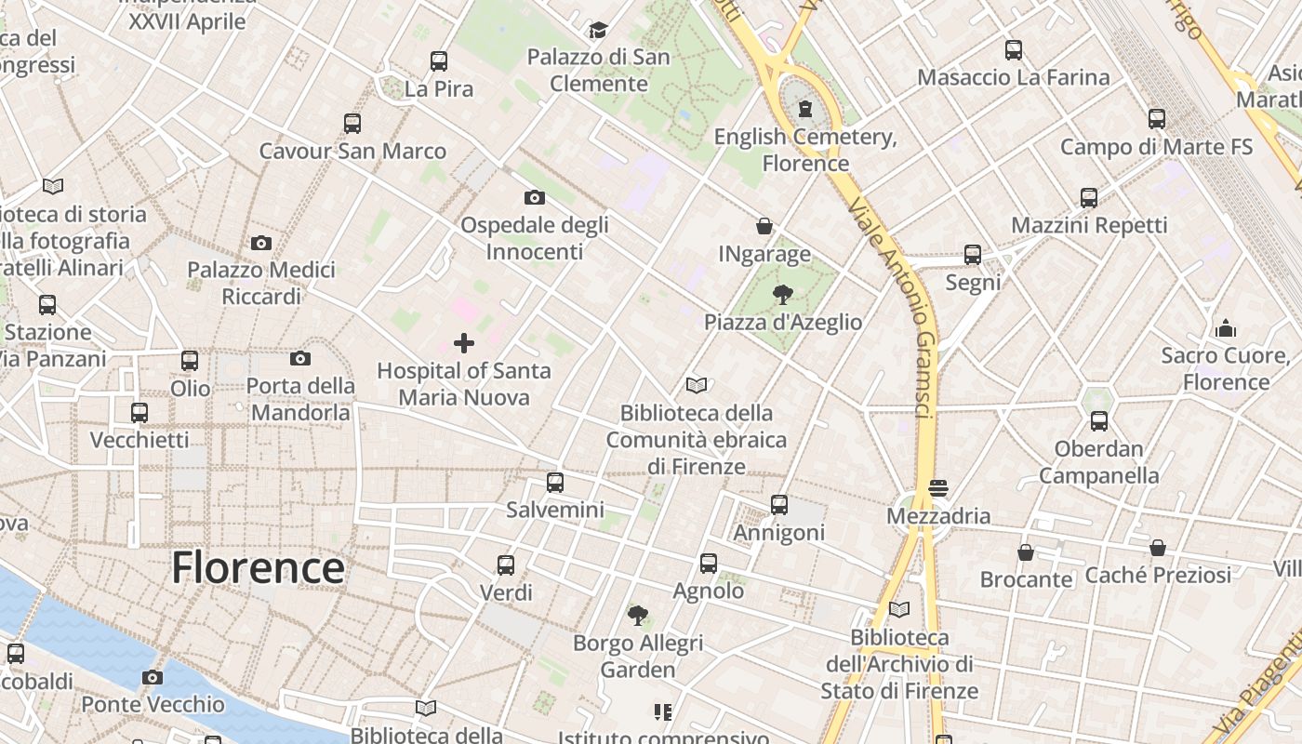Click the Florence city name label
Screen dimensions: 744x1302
258,567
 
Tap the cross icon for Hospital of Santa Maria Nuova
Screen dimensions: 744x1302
464,343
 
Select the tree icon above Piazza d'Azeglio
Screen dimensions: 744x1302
783,295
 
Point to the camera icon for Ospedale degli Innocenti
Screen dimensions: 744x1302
535,197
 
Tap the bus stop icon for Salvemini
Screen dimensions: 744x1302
555,483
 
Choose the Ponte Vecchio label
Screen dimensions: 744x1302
153,704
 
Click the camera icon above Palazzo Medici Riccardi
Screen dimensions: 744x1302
261,243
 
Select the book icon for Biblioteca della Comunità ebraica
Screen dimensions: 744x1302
697,385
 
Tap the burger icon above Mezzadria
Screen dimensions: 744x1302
937,488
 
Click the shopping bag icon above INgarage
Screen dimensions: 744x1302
764,226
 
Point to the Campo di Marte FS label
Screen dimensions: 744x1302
1156,147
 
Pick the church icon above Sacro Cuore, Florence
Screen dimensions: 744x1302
1226,328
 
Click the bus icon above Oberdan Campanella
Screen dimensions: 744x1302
1099,421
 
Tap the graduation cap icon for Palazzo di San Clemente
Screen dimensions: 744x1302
598,31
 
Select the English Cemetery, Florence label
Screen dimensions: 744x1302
805,150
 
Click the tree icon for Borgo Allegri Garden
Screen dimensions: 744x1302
638,615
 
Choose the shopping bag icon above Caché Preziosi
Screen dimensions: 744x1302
1158,548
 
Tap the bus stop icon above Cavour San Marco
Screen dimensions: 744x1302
352,123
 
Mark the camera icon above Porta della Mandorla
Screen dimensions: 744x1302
299,359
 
